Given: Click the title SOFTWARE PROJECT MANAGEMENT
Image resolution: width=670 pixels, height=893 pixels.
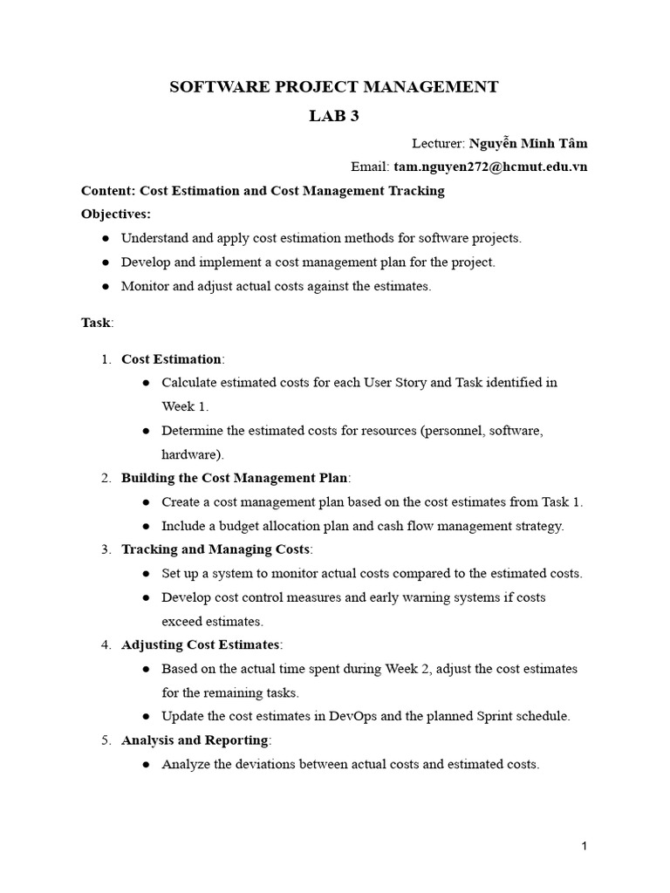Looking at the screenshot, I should pos(334,86).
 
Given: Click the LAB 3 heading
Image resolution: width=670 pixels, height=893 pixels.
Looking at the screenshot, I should pos(334,117).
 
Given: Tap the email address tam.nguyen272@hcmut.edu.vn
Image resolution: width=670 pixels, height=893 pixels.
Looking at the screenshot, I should pos(490,167).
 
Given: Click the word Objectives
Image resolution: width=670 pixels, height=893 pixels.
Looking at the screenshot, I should pos(114,214).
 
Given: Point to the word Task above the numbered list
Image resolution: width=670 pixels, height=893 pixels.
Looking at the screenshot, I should pos(95,323).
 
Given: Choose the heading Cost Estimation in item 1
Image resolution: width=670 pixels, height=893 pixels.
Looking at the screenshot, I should pos(171,358).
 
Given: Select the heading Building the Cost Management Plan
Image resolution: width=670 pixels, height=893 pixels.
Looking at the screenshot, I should pos(234,477).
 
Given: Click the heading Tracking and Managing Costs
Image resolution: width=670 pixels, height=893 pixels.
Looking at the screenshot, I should pos(215,549).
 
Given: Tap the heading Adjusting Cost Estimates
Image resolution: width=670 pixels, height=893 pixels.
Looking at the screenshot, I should pos(201,644).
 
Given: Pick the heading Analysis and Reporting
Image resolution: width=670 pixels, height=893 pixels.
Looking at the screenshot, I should pos(195,740).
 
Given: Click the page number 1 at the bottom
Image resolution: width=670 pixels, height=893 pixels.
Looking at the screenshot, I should pos(585,846).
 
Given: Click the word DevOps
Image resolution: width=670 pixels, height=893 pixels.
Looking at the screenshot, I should pos(352,716).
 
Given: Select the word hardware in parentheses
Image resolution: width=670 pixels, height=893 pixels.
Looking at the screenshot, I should pos(188,453).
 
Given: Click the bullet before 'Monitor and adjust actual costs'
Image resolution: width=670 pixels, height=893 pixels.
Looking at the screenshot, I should pos(106,286).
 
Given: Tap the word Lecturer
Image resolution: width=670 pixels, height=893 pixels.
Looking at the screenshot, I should pos(437,144).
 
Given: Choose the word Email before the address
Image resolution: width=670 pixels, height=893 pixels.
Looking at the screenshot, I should pos(368,167).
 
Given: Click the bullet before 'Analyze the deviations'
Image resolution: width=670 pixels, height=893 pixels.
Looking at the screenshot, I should pos(146,764).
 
